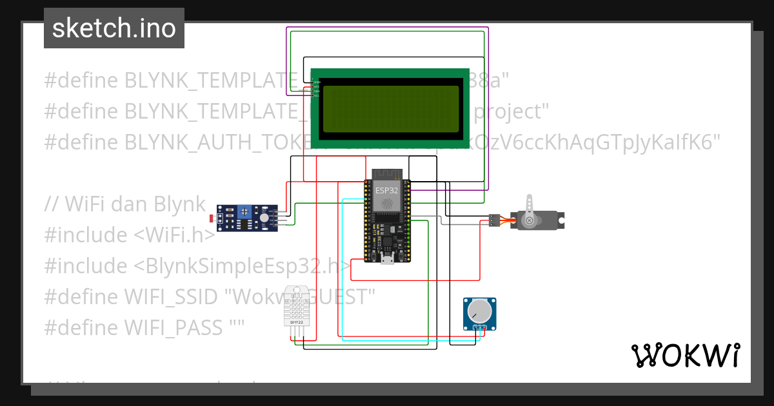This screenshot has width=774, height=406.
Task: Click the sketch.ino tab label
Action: pyautogui.click(x=114, y=28)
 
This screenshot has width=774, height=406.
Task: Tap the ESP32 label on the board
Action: pyautogui.click(x=387, y=191)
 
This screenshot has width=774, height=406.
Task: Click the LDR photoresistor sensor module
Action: pyautogui.click(x=248, y=218)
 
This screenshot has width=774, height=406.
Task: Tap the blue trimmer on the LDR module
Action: pyautogui.click(x=245, y=211)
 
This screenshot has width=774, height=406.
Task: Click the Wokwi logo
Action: pyautogui.click(x=685, y=356)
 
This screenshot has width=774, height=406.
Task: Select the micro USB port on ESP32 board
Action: pyautogui.click(x=388, y=259)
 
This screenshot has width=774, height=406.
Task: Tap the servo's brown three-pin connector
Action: pyautogui.click(x=495, y=220)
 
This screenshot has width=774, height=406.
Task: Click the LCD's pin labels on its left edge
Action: pyautogui.click(x=315, y=88)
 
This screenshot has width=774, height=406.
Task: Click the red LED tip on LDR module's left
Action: pyautogui.click(x=212, y=218)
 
